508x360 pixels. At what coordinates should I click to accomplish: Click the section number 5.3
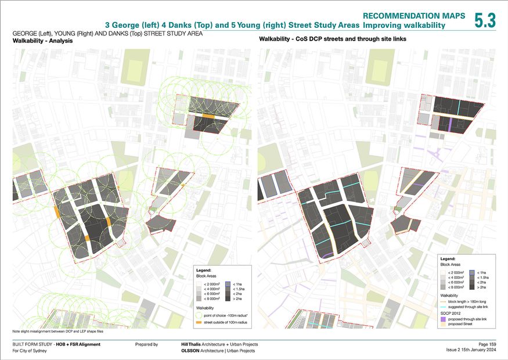coord(485,20)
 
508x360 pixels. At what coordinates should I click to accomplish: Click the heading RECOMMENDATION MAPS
coord(414,16)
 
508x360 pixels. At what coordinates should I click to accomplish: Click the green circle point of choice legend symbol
coord(199,315)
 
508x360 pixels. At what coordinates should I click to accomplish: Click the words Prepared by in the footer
coord(146,344)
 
